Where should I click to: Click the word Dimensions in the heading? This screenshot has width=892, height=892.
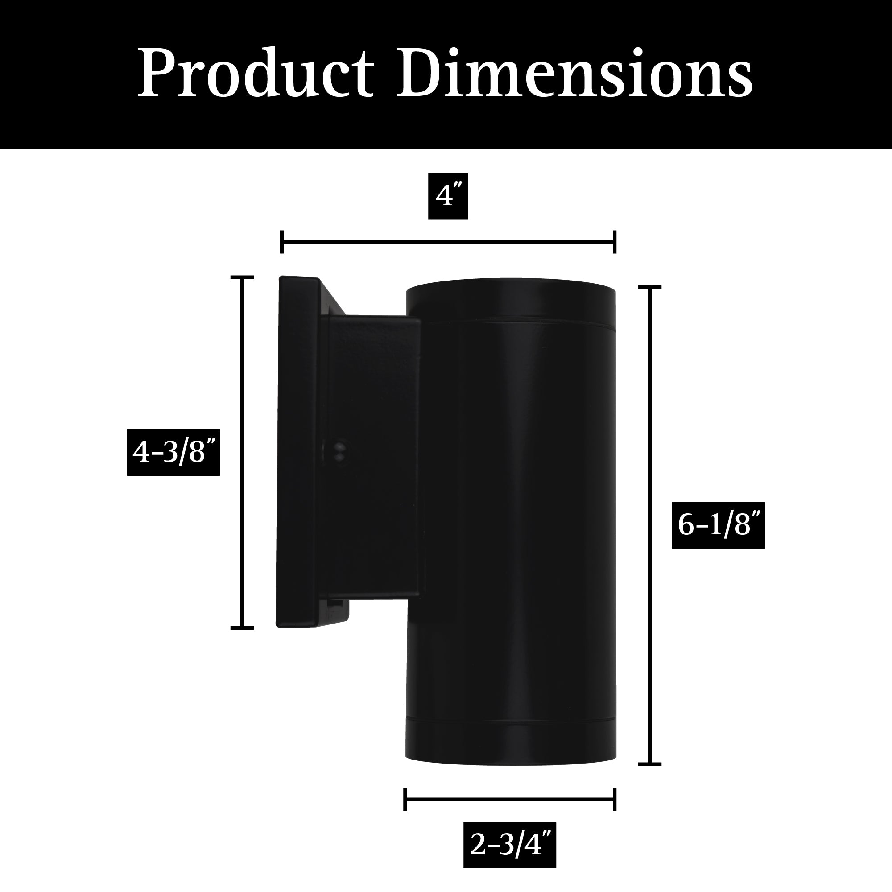tap(575, 74)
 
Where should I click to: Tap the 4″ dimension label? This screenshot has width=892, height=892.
tap(448, 197)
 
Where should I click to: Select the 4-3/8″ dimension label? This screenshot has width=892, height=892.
tap(173, 452)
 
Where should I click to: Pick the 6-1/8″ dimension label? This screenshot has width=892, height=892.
tap(718, 525)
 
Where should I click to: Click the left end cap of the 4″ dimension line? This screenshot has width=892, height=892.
tap(281, 242)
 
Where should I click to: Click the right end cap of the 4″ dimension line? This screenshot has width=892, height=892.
tap(615, 242)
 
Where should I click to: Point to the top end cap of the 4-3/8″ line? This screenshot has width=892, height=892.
tap(242, 277)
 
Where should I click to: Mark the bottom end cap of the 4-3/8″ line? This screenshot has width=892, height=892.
tap(242, 628)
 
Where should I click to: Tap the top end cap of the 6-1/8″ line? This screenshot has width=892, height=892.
tap(650, 287)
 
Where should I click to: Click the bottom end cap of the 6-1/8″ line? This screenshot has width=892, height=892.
tap(650, 764)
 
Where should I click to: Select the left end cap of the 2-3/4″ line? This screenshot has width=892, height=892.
tap(405, 799)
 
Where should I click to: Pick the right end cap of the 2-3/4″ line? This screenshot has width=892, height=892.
tap(615, 799)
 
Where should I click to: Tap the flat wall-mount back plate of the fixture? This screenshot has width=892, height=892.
tap(298, 452)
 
